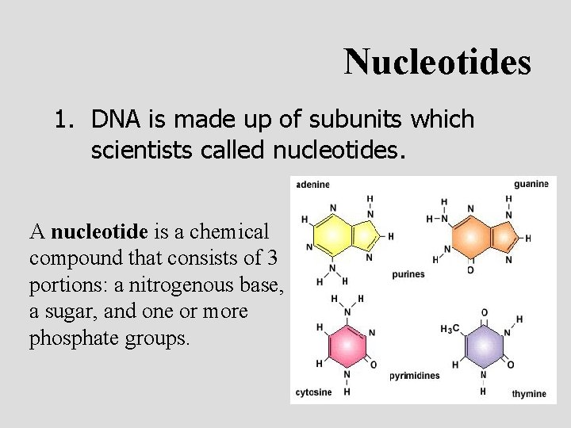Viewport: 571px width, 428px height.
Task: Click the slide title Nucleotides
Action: click(x=437, y=61)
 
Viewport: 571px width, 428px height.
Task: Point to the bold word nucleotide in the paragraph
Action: click(x=99, y=232)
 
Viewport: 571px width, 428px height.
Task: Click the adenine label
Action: click(x=313, y=185)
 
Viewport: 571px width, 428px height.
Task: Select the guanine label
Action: click(x=531, y=184)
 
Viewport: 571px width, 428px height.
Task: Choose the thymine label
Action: click(x=529, y=394)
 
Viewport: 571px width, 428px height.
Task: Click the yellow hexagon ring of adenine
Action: click(x=333, y=235)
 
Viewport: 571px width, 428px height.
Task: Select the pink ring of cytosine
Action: click(x=347, y=345)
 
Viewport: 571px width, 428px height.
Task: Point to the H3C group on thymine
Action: click(x=450, y=329)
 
